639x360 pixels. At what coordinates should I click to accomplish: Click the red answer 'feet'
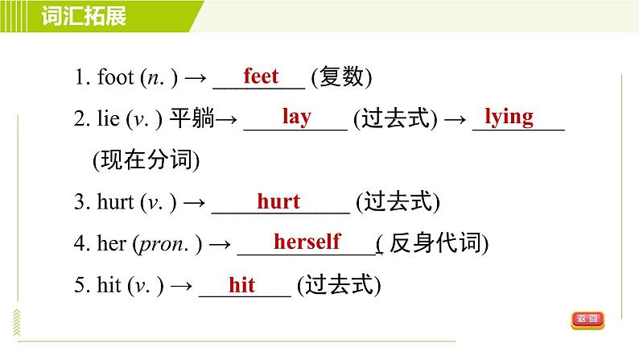click(x=261, y=77)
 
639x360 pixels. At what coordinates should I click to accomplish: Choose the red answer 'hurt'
click(x=278, y=201)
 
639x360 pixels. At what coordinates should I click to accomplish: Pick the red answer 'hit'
click(x=241, y=284)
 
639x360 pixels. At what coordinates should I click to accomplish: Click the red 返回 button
click(x=587, y=320)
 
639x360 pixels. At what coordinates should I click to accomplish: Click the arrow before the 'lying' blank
click(x=456, y=119)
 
